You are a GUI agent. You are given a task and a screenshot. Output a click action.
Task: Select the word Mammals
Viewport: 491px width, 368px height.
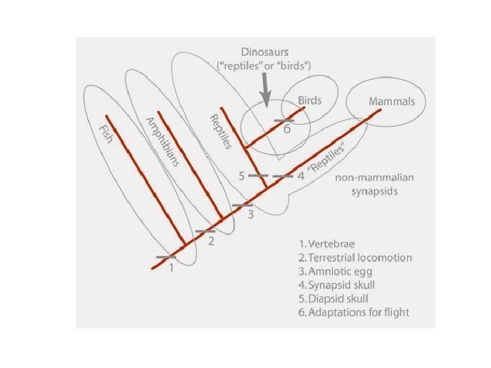point(391,101)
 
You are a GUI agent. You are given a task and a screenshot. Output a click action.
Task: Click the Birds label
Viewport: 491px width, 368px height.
point(309,100)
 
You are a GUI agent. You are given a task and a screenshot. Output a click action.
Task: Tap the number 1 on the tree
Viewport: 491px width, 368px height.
point(171,268)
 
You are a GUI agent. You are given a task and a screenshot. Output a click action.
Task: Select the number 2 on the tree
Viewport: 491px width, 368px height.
point(211,241)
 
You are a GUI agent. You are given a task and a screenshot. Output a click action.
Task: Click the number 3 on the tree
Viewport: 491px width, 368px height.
point(250,215)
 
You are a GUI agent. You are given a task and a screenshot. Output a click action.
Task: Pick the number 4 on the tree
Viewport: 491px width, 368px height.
point(300,177)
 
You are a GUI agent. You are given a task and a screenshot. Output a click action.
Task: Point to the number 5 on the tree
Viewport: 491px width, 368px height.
point(241,177)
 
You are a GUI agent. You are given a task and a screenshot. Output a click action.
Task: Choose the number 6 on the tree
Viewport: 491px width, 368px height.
point(286,132)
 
